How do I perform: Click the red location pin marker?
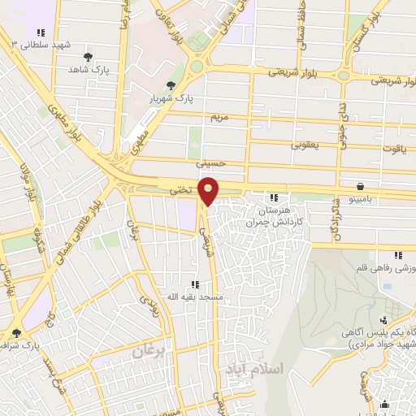(209, 190)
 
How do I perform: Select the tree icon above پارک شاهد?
(88, 58)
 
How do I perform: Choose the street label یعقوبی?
(305, 145)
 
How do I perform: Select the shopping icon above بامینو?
(360, 186)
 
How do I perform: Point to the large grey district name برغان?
(148, 351)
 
